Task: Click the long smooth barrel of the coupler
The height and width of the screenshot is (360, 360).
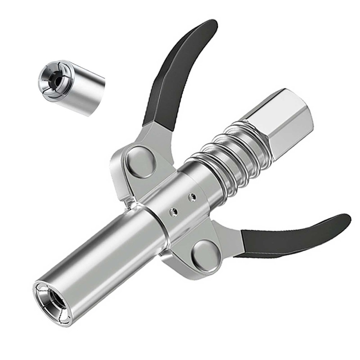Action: coord(104,252)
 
